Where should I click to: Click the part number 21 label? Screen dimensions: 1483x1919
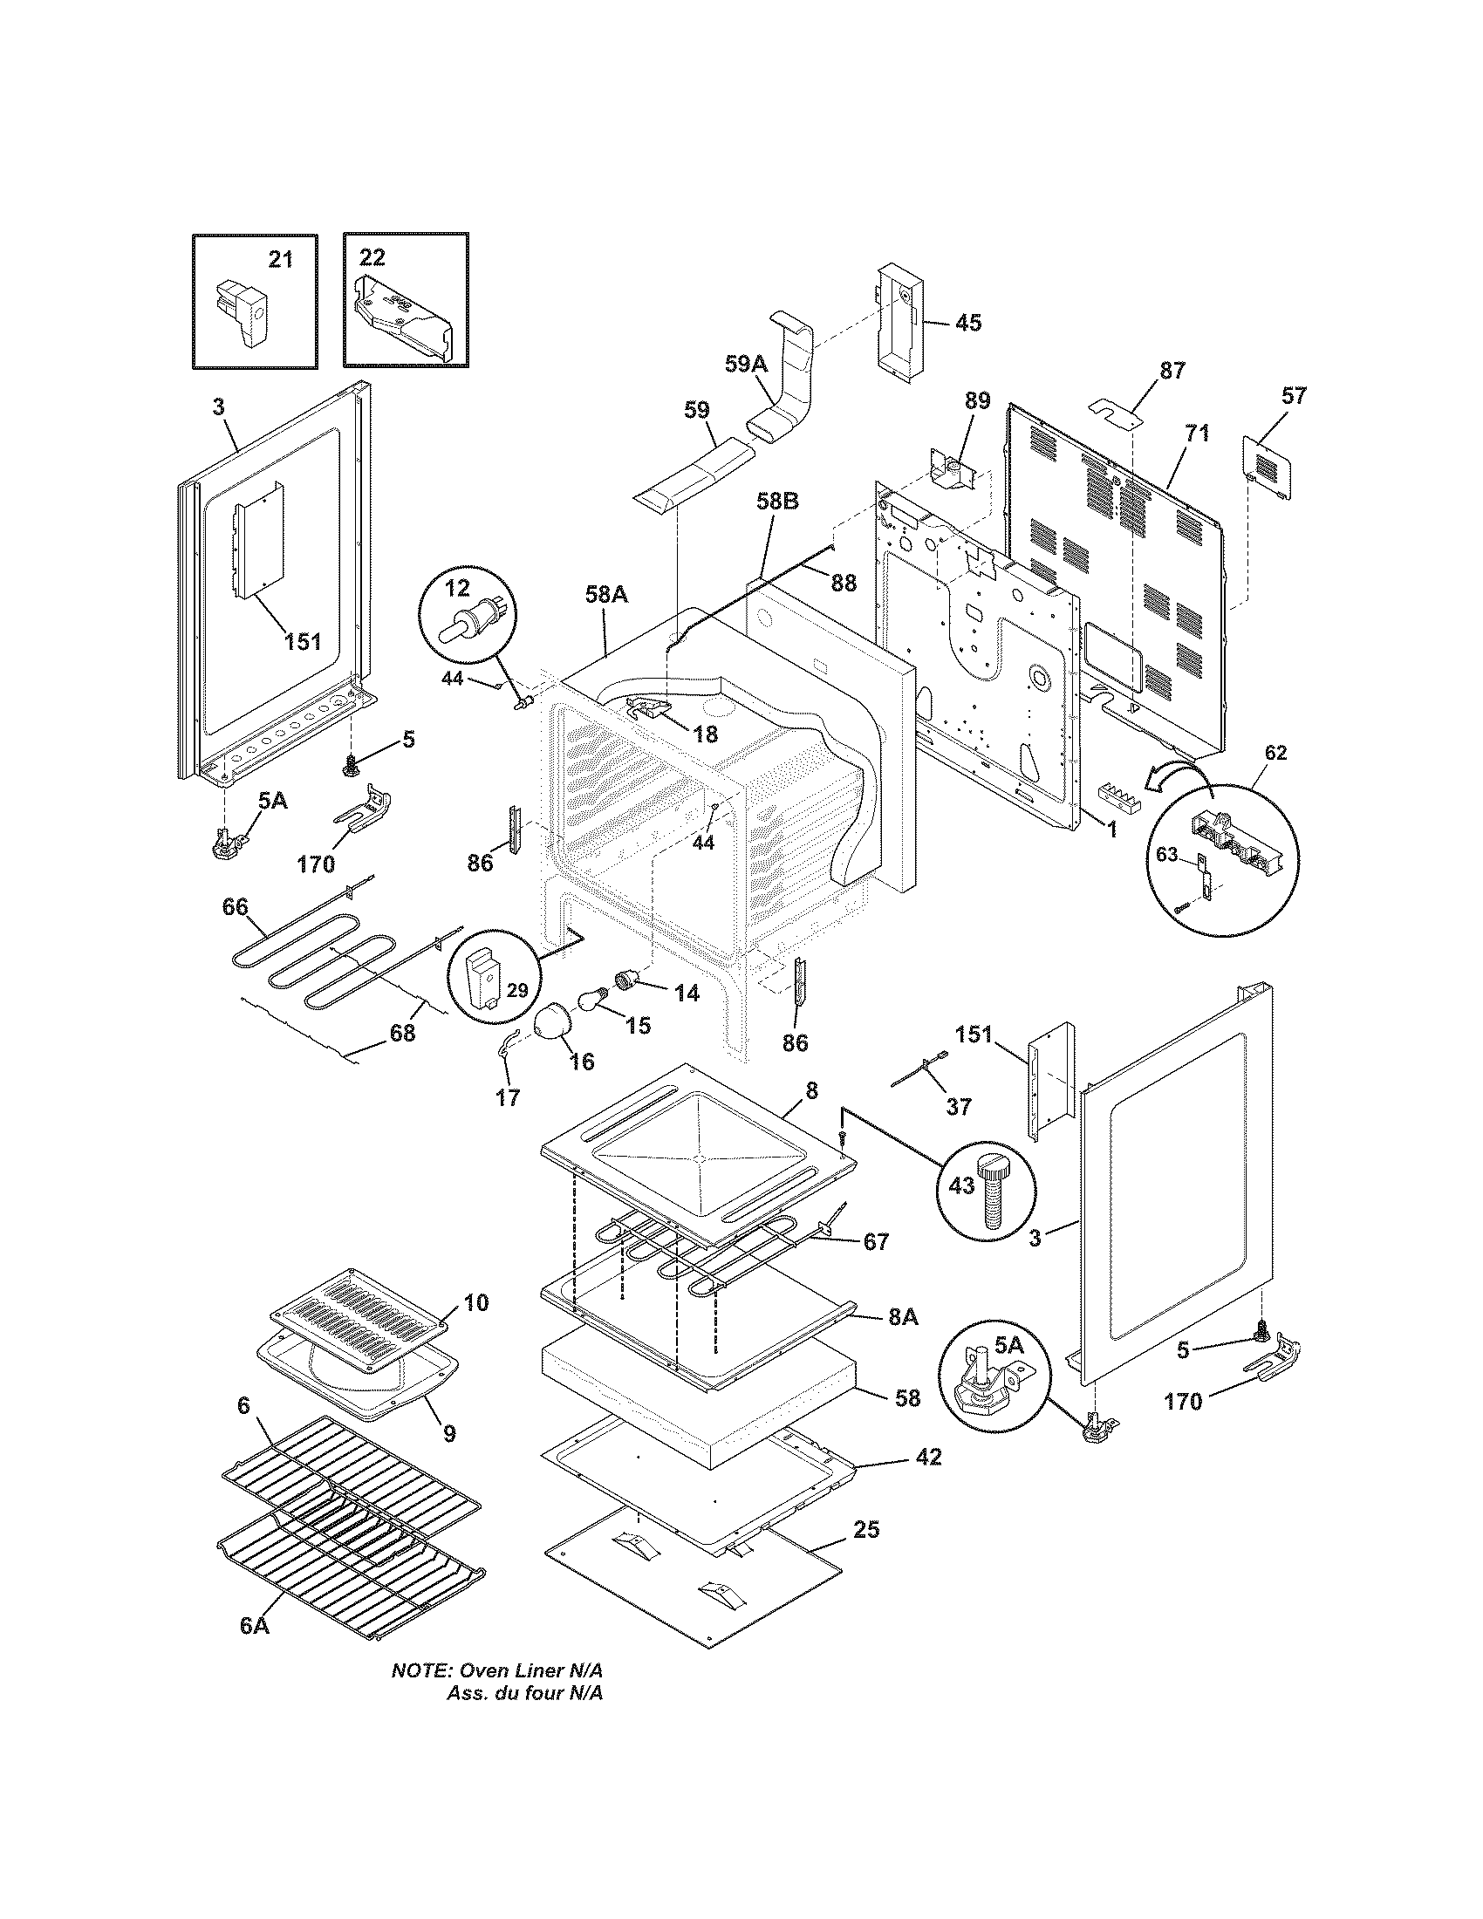280,259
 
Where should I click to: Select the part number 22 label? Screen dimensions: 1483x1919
372,256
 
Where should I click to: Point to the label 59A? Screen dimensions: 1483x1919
746,363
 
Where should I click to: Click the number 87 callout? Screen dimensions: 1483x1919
1172,370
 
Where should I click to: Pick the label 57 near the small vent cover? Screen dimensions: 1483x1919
1294,395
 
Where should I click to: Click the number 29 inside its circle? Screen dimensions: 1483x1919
517,991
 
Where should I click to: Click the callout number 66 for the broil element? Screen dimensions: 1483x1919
236,906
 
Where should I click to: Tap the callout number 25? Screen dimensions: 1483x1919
866,1530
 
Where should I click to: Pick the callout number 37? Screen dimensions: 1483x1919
959,1107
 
